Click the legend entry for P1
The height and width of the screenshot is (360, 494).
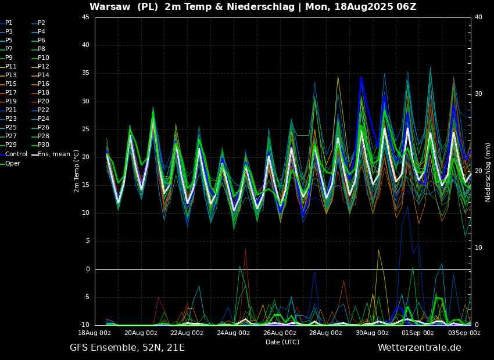[6, 23]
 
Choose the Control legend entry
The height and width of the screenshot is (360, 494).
[13, 154]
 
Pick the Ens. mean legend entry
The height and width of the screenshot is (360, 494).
[51, 154]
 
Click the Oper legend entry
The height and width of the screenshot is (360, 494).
[10, 163]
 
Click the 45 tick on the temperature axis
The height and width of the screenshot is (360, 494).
[85, 17]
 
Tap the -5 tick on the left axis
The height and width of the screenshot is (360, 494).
[85, 297]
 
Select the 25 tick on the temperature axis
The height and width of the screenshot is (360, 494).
[85, 129]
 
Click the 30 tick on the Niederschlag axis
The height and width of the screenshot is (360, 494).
[478, 94]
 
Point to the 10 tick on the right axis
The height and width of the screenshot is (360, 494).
[478, 248]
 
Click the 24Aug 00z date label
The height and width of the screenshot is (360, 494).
[233, 333]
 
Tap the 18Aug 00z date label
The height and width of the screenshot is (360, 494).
[95, 333]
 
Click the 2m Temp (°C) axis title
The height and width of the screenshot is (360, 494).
[77, 171]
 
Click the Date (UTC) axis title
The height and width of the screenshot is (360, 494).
[282, 342]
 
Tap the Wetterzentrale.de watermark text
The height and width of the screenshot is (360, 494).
[420, 348]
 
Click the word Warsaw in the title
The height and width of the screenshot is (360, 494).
[110, 6]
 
